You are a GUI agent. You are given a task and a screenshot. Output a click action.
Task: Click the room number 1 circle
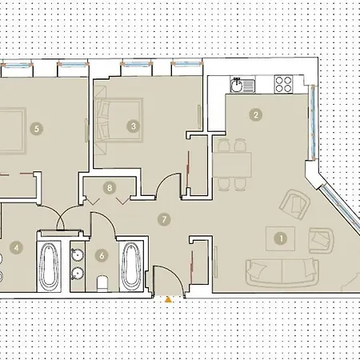[x=281, y=237]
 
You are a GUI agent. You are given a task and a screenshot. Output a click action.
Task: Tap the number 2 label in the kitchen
[x=255, y=114]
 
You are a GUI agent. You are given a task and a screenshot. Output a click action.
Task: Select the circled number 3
[x=134, y=125]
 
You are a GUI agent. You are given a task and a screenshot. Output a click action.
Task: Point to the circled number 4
[x=16, y=247]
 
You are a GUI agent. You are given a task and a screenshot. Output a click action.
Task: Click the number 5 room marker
[x=35, y=126]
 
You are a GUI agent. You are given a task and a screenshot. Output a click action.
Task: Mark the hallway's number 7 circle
[x=164, y=218]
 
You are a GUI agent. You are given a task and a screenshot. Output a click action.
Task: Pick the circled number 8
[x=110, y=189]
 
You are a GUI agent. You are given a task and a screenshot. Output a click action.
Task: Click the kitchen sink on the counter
[x=238, y=82]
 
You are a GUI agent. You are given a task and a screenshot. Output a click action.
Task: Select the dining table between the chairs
[x=232, y=164]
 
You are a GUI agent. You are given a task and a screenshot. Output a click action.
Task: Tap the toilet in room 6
[x=101, y=282]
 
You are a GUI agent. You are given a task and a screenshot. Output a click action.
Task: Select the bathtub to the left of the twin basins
[x=50, y=267]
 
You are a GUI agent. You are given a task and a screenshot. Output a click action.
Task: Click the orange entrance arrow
[x=168, y=300]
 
